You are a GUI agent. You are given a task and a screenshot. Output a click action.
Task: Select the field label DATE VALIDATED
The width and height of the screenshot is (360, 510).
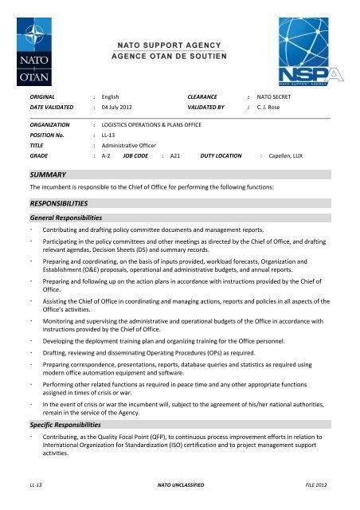coord(51,105)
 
